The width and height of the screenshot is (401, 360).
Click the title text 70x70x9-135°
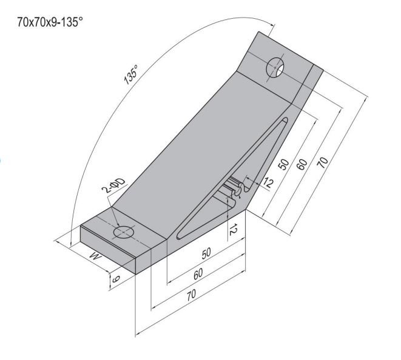point(50,22)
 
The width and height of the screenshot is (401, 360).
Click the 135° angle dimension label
point(131,75)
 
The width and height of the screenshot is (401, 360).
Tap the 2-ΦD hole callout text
point(114,185)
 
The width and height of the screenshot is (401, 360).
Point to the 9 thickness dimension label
point(116,279)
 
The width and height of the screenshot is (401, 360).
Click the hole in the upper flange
point(275,67)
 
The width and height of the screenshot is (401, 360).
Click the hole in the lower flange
point(124,232)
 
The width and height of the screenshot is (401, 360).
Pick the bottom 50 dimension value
point(206,253)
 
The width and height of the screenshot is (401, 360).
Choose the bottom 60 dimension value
point(198,274)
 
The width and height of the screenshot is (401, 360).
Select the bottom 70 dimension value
point(191,295)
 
